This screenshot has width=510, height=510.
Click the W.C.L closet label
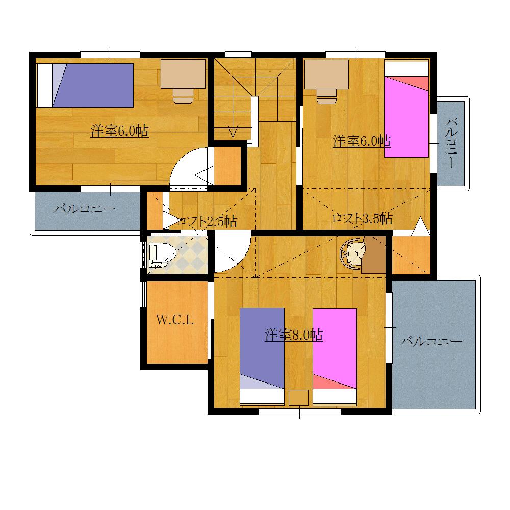tap(174, 320)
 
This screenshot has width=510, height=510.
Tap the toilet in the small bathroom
tap(163, 254)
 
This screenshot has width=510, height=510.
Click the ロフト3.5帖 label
tap(362, 219)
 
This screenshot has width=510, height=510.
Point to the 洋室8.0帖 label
tap(293, 335)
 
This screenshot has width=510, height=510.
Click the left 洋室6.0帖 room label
tap(120, 131)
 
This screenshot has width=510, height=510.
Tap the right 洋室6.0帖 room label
tap(362, 141)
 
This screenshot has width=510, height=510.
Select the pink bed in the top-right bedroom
tap(406, 116)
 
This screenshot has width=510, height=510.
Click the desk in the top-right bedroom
tap(326, 75)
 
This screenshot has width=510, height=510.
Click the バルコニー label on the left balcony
tap(84, 209)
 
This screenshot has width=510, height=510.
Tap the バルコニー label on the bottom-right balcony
tap(431, 341)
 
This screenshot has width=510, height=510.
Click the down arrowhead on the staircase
tap(233, 132)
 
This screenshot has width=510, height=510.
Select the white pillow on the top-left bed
tap(45, 85)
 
